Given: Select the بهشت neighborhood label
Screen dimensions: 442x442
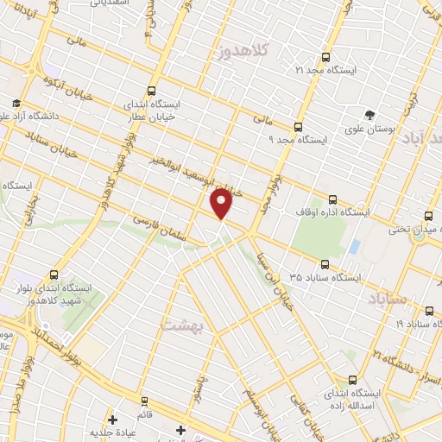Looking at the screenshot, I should (x=180, y=325).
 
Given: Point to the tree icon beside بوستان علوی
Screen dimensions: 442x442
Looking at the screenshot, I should (x=370, y=114).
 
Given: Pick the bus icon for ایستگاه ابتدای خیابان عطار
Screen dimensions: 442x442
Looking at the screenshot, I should (x=153, y=90).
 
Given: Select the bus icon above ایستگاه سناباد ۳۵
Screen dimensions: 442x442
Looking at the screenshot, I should (x=325, y=264).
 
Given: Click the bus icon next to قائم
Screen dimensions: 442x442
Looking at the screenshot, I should (x=143, y=401).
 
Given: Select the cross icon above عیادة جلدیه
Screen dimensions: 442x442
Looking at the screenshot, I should (x=112, y=420).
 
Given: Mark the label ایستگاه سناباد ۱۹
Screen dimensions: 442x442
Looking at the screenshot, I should (x=412, y=323).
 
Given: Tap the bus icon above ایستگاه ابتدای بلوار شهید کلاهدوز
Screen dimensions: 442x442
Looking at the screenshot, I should (x=55, y=275).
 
